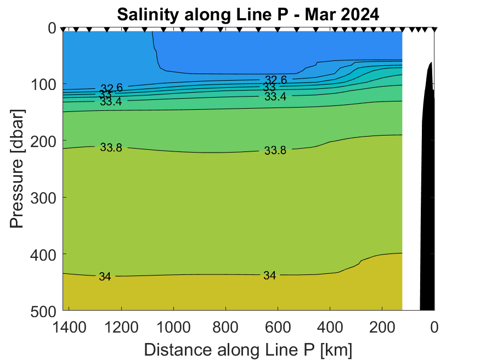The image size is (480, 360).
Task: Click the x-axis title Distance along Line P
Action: [248, 350]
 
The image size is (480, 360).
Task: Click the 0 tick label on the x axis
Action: [434, 328]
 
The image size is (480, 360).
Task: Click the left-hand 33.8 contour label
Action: [111, 147]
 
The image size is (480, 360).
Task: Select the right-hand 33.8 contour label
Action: [275, 150]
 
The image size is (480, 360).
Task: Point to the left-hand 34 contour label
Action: [105, 277]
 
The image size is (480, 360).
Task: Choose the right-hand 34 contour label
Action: [269, 275]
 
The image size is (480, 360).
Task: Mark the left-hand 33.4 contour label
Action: [111, 101]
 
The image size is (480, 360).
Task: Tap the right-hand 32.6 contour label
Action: [276, 80]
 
